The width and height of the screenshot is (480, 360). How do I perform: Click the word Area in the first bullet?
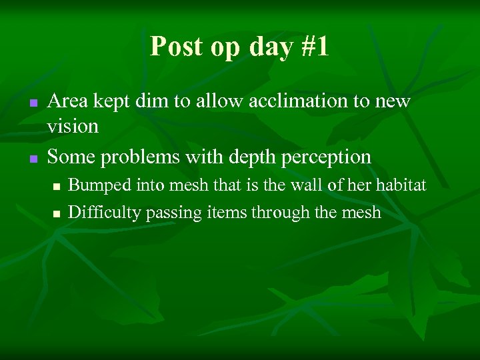coord(69,101)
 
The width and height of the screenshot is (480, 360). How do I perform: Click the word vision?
coord(73,125)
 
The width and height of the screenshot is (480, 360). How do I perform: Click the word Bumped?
coord(95,186)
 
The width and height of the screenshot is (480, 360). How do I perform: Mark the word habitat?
coord(402,185)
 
